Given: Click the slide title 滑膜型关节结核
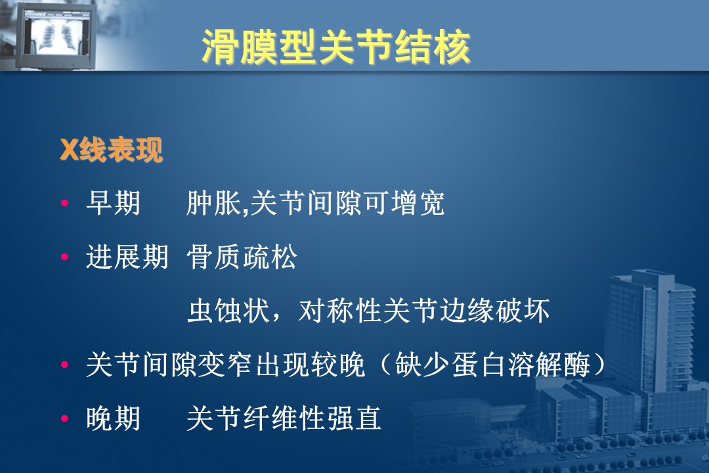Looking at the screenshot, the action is (336, 47).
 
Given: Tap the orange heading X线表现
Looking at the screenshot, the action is (111, 149).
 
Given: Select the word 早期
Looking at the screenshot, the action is (113, 203).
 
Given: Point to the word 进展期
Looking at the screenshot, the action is (127, 257).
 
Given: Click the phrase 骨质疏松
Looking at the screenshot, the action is (242, 257).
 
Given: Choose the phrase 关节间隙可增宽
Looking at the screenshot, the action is (347, 203).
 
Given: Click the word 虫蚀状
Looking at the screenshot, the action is (228, 311).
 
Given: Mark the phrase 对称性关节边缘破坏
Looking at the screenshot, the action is (423, 311).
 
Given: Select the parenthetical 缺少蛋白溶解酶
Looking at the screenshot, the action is (492, 365).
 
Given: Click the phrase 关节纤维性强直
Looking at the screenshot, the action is (284, 418).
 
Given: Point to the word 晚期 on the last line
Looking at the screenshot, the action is (113, 418).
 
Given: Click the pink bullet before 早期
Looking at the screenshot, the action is (64, 203).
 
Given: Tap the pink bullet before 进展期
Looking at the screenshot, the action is (64, 257).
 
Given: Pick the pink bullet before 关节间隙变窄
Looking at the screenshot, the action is (64, 365).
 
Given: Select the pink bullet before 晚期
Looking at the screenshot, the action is (64, 418).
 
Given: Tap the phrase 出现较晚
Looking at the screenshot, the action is (310, 365).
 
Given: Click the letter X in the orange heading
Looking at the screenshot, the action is (69, 150).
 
